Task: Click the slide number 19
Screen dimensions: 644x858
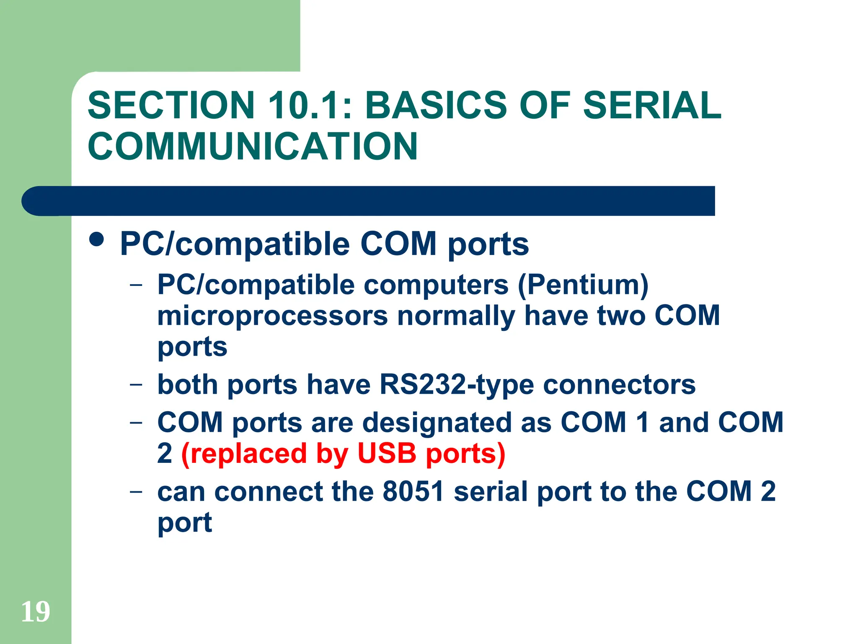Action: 36,612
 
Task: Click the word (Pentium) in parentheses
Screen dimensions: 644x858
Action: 583,285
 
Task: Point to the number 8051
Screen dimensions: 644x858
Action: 413,491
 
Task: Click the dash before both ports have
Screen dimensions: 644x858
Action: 136,384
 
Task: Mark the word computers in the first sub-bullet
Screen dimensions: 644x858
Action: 436,285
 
